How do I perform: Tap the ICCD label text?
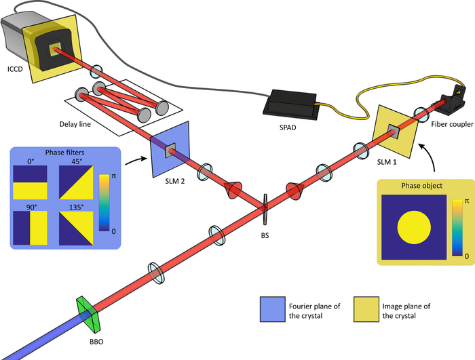point(15,69)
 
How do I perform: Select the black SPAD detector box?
point(289,104)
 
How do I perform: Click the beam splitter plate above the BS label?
point(266,209)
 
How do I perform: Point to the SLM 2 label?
point(175,182)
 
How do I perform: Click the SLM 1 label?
point(387,162)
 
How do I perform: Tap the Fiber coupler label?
point(453,124)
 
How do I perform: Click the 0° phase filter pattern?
point(30,182)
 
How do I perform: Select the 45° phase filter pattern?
point(76,182)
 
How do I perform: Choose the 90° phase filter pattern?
point(30,228)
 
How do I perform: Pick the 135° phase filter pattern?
point(76,228)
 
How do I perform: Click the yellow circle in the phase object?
point(414,227)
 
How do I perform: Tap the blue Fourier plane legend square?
point(273,309)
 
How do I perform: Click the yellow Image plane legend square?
point(366,309)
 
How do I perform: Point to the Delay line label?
point(75,124)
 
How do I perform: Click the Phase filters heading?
point(65,153)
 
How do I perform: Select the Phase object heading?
point(421,186)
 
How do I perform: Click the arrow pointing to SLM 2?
point(136,161)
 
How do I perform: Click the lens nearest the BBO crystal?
point(156,273)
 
